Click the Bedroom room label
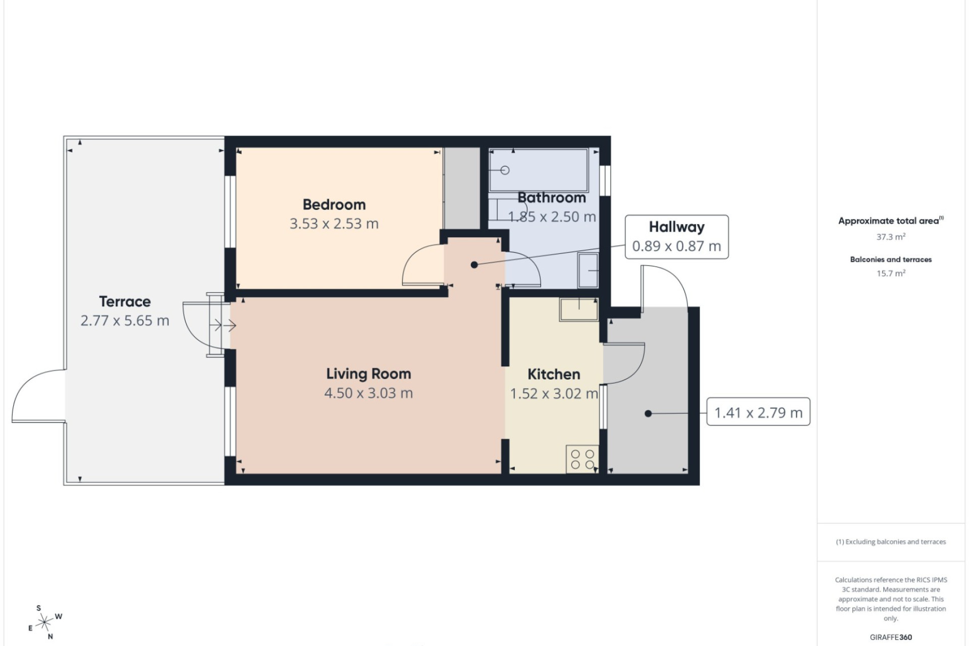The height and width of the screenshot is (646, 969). tap(334, 204)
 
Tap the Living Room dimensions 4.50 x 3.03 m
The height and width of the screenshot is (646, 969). tap(368, 393)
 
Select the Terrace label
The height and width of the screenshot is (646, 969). tap(125, 301)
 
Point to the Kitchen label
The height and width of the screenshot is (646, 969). tap(554, 374)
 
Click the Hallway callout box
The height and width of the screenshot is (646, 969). tap(677, 237)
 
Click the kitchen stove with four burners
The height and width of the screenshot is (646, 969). tap(582, 459)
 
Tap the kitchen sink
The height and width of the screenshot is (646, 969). tap(579, 309)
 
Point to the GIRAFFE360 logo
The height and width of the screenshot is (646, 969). tap(891, 637)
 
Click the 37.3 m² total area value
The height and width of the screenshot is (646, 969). tap(891, 237)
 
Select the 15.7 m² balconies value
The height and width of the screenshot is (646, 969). tap(891, 273)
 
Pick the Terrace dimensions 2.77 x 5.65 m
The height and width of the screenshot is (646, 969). tap(125, 320)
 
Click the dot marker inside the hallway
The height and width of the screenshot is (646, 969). tap(474, 264)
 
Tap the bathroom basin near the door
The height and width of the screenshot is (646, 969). tap(588, 270)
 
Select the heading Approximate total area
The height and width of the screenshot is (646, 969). tap(891, 221)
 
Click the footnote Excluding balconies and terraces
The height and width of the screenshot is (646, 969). tap(891, 542)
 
